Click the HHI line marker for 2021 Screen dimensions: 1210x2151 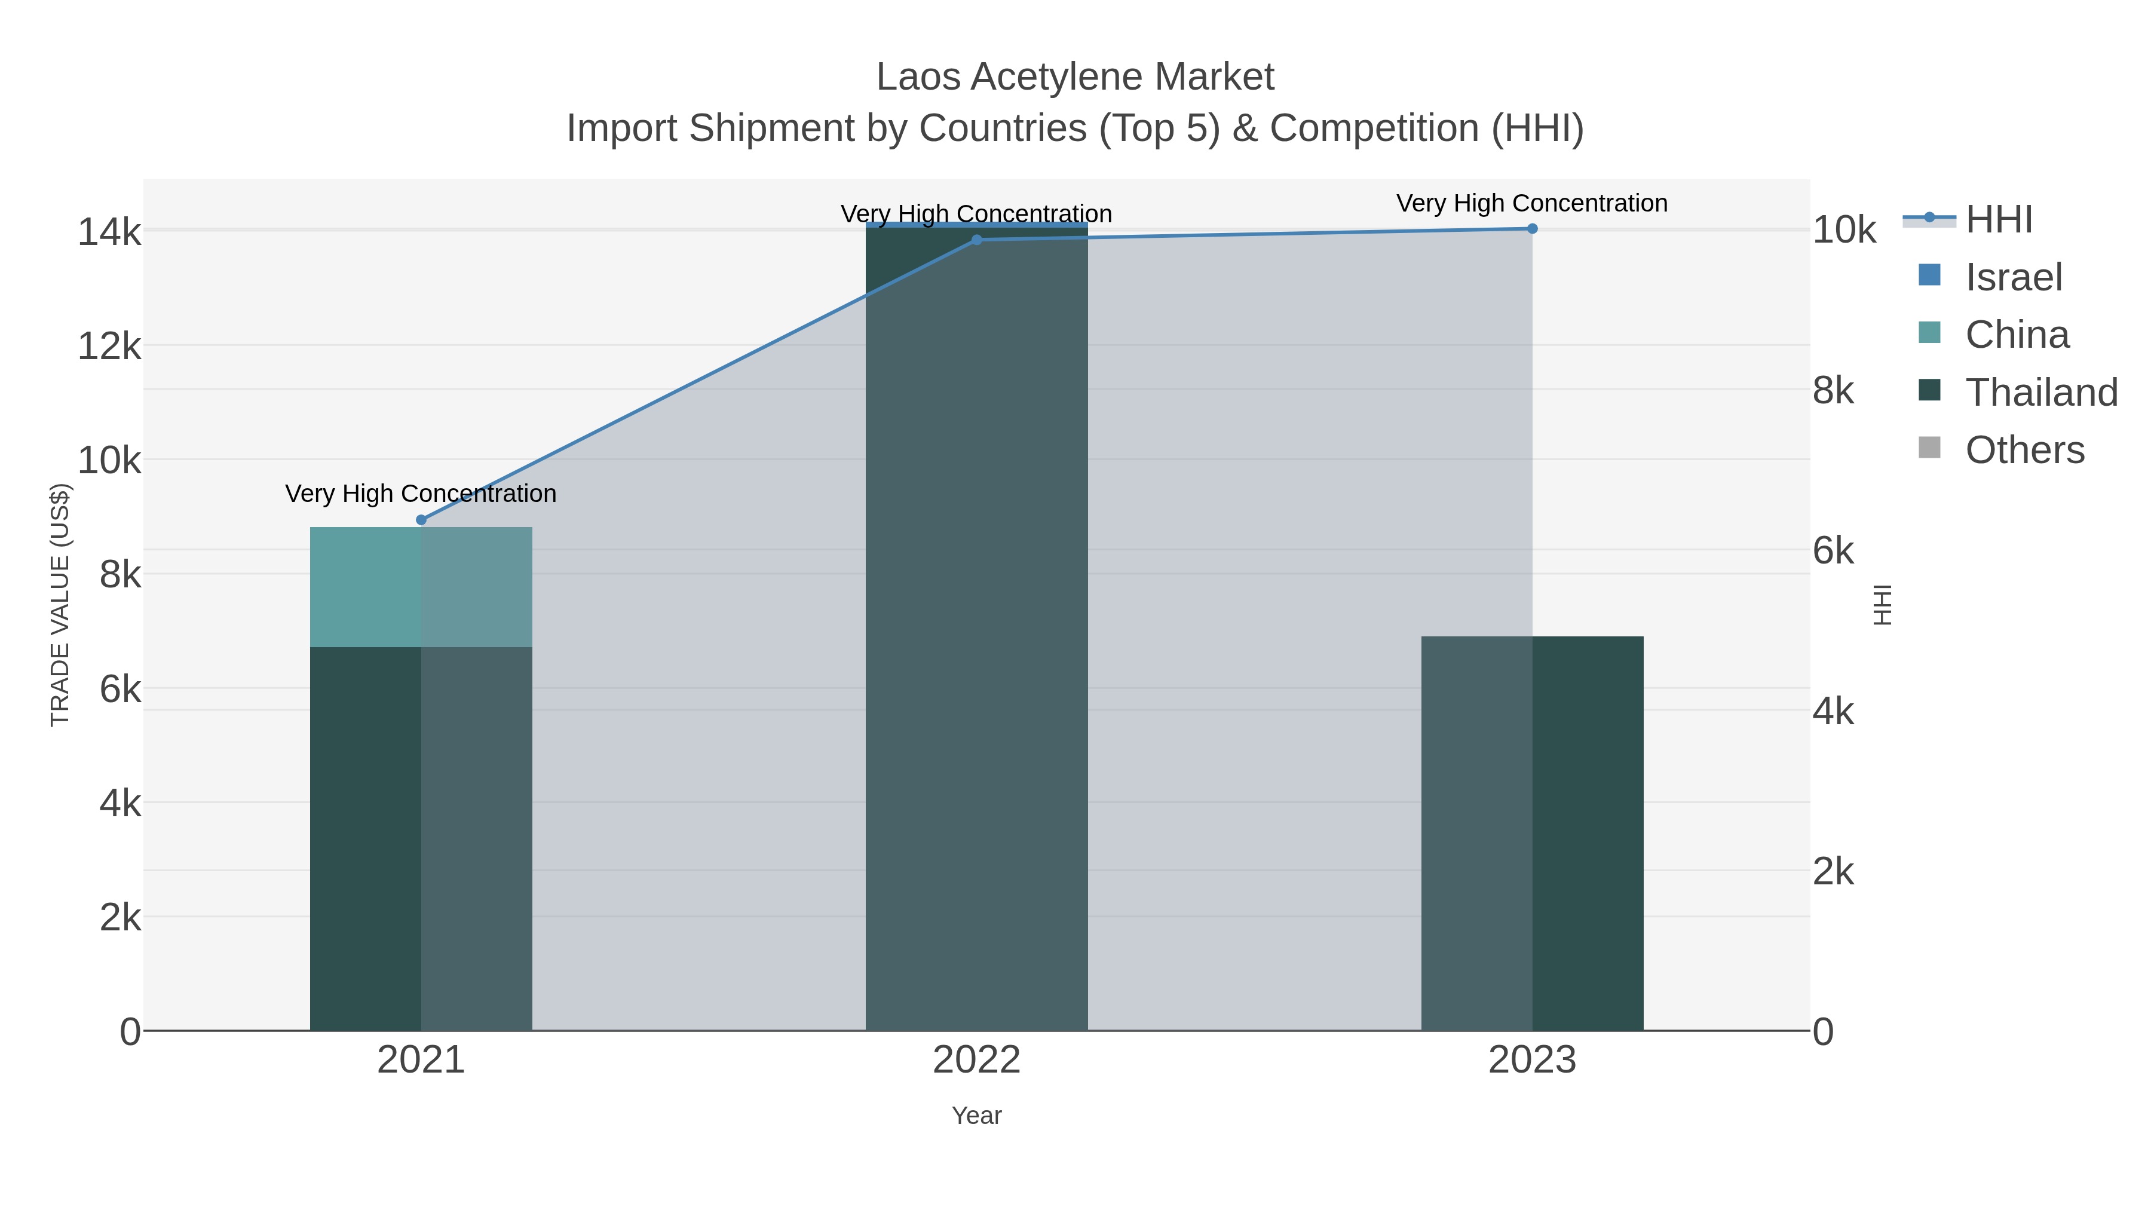(421, 519)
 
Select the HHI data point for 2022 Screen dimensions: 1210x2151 (976, 240)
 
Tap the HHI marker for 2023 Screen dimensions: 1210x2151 (1531, 228)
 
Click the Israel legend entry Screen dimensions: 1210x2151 (2012, 277)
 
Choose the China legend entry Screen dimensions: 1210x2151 (2016, 335)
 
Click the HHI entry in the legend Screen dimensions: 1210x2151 (1998, 220)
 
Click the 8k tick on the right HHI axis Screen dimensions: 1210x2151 (1833, 390)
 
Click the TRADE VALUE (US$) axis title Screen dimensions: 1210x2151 (60, 605)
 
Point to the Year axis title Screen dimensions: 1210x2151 (976, 1116)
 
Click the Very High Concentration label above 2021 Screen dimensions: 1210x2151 (421, 494)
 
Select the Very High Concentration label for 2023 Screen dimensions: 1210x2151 (1531, 203)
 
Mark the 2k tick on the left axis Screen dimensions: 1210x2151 (120, 918)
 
